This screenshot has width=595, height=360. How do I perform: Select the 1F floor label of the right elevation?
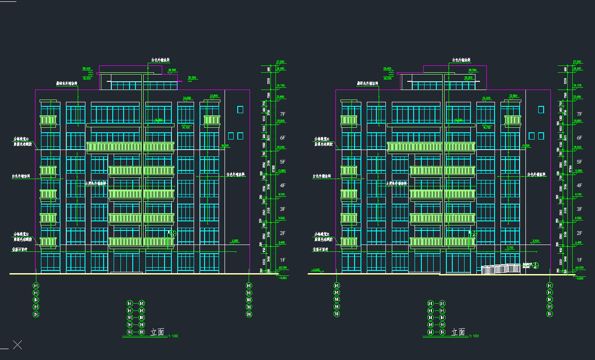point(579,260)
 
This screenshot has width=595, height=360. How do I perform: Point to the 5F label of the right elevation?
point(579,162)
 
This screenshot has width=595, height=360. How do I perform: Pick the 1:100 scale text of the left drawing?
point(173,336)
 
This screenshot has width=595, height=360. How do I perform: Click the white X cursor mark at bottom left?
point(17,345)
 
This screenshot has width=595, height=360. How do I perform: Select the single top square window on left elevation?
point(240,110)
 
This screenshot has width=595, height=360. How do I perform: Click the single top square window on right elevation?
point(541,110)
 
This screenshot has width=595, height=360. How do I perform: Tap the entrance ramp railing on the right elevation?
point(501,269)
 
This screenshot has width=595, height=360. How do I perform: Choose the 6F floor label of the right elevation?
point(579,138)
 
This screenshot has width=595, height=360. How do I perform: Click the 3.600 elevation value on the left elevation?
point(235,240)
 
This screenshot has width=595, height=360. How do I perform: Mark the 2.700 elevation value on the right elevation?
point(510,248)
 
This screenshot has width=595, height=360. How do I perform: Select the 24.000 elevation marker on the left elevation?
point(187,98)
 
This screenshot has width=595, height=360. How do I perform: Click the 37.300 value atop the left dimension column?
point(280,61)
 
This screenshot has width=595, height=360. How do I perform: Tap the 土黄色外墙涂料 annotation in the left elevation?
point(96,184)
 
